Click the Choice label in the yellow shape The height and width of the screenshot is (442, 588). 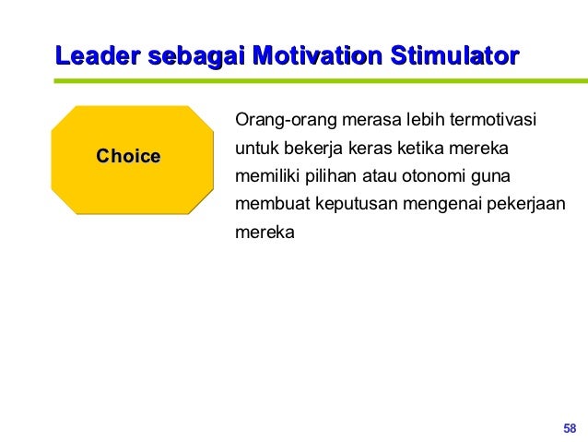pyautogui.click(x=128, y=156)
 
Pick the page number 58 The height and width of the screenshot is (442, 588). pyautogui.click(x=569, y=427)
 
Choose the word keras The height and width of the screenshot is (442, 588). pyautogui.click(x=367, y=149)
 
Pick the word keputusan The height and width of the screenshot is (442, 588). pyautogui.click(x=349, y=204)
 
